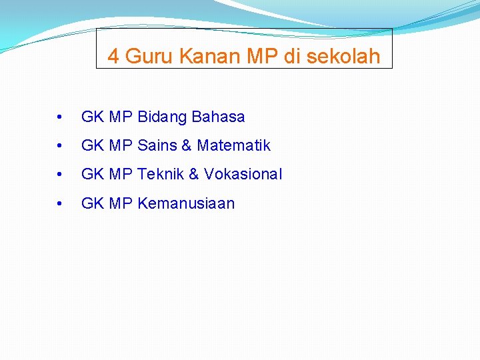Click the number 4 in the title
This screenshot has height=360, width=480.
[x=113, y=57]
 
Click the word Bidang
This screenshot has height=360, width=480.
[x=162, y=117]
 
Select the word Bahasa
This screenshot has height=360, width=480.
[x=218, y=117]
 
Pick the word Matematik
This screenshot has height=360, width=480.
[x=233, y=145]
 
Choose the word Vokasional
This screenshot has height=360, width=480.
[x=243, y=175]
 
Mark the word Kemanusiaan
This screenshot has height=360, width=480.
[x=186, y=204]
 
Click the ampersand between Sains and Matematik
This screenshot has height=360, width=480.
[x=187, y=145]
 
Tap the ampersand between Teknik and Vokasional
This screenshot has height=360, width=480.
[x=194, y=175]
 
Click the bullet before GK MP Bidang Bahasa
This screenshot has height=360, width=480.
[x=61, y=118]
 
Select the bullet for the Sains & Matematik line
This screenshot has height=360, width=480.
[x=61, y=146]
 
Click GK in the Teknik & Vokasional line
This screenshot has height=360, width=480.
[x=91, y=175]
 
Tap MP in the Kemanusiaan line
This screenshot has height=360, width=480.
[x=121, y=204]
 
